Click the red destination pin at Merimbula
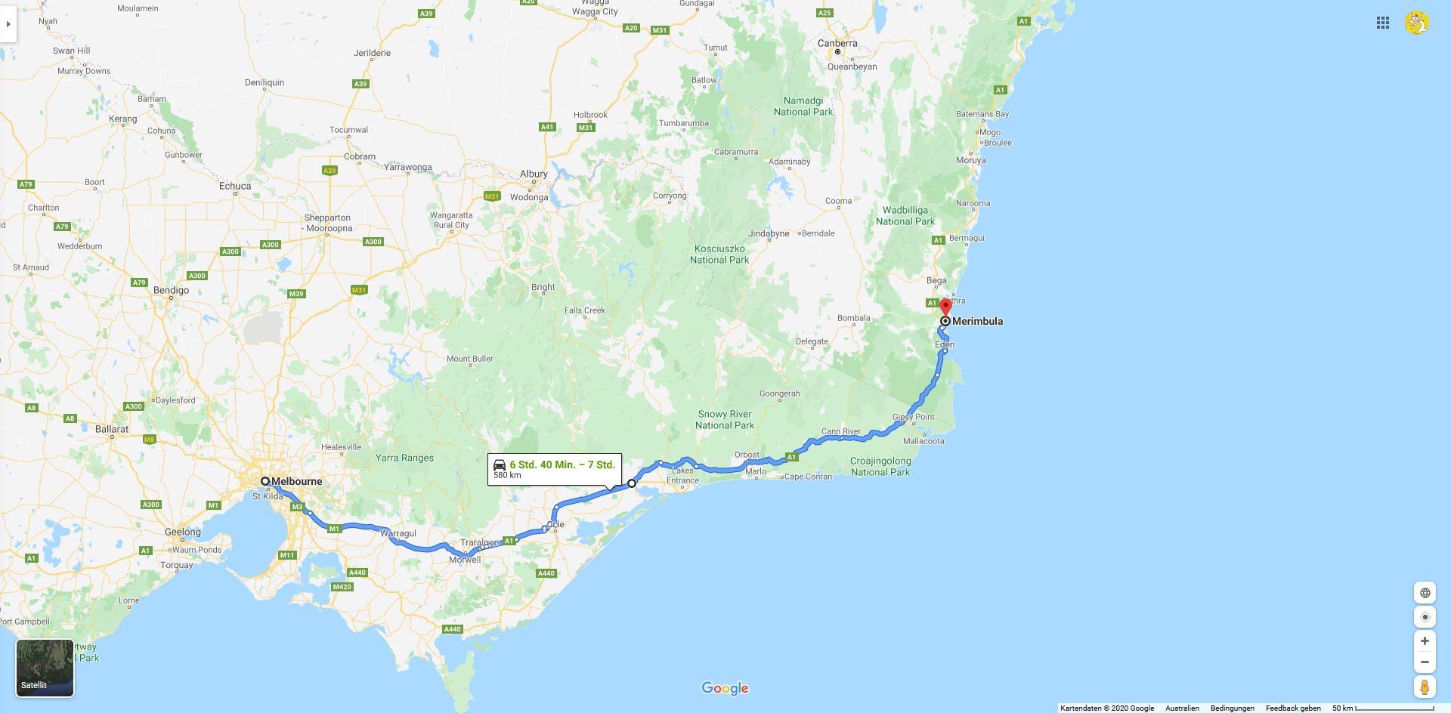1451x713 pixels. [x=945, y=307]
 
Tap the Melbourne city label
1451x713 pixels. [x=296, y=481]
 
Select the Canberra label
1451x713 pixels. [x=837, y=43]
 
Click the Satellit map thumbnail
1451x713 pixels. [x=45, y=668]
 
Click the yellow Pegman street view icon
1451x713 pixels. [x=1425, y=687]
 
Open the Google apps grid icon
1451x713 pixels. [x=1383, y=23]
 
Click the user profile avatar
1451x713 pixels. [x=1416, y=23]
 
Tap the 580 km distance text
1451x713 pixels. [x=507, y=475]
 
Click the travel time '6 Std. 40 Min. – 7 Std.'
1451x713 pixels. [x=562, y=465]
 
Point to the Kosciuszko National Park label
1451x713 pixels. [x=719, y=255]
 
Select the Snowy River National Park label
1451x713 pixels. [x=725, y=420]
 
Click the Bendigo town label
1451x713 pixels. [x=172, y=290]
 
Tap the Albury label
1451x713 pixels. [x=534, y=174]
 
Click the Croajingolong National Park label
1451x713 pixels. [x=880, y=467]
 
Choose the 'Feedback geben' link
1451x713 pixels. [x=1293, y=708]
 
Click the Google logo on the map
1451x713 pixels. [x=725, y=688]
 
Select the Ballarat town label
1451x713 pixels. [x=112, y=429]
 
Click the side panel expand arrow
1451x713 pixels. [x=8, y=24]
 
